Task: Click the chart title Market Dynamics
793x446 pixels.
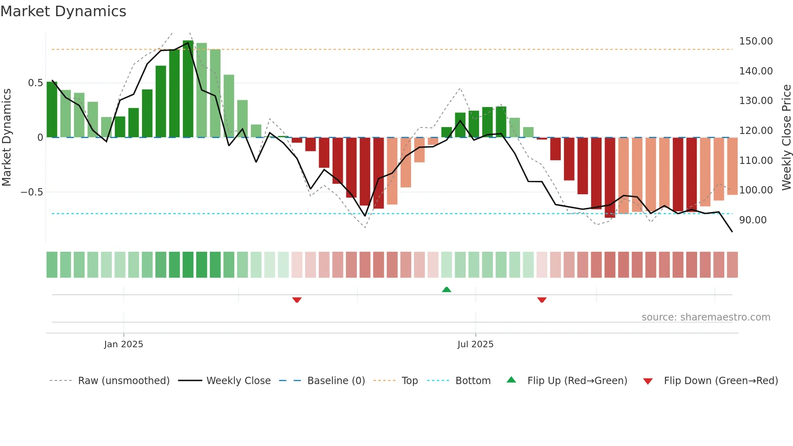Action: (x=63, y=11)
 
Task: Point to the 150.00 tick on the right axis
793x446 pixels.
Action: (x=755, y=41)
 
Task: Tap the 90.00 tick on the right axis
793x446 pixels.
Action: (x=753, y=220)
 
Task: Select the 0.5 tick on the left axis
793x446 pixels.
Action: (x=35, y=83)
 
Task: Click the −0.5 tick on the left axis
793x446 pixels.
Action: (x=32, y=192)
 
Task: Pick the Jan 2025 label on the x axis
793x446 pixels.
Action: (x=123, y=344)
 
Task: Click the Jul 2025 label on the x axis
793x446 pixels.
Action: (x=475, y=344)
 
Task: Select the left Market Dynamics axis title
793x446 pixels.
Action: (x=6, y=138)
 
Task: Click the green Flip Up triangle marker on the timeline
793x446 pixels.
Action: (x=446, y=290)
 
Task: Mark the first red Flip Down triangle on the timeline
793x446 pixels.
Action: (x=297, y=300)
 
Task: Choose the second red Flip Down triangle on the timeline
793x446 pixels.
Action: (x=542, y=300)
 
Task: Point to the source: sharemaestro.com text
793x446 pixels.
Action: (x=706, y=317)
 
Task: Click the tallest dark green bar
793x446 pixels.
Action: (x=188, y=89)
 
